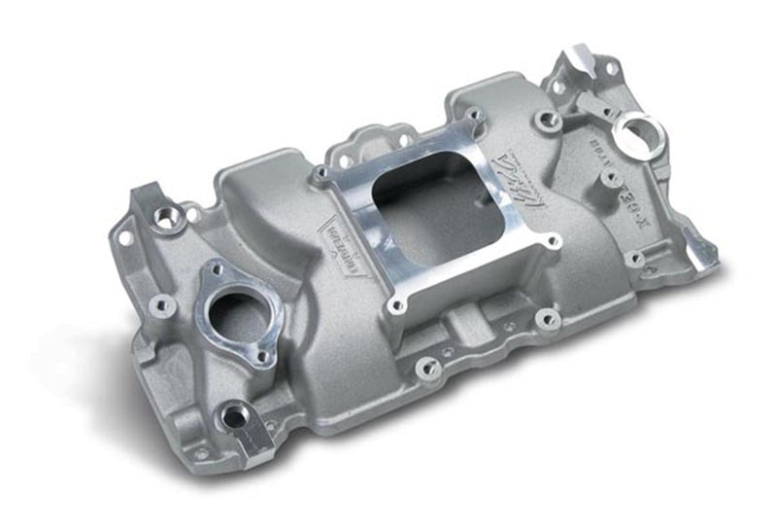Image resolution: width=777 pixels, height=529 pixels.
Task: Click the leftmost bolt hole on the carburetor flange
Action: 321,176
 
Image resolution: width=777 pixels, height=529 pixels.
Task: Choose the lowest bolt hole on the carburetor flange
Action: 395,305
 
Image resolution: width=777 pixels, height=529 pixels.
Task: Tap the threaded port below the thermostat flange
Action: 234,419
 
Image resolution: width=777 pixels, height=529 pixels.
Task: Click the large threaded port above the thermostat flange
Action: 169,220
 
